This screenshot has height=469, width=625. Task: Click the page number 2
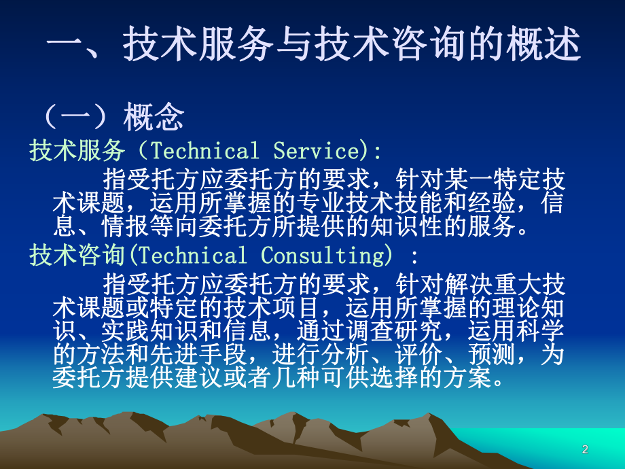pyautogui.click(x=586, y=449)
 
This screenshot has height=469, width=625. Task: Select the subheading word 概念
pyautogui.click(x=154, y=118)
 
